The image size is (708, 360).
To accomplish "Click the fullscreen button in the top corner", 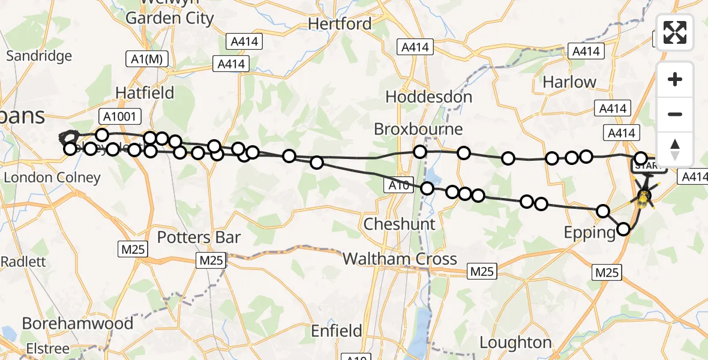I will (675, 32).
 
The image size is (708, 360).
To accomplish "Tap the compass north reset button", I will (675, 149).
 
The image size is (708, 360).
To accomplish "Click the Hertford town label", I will (340, 24).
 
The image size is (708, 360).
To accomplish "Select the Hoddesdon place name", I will (429, 97).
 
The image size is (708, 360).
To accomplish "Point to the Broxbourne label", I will (418, 129).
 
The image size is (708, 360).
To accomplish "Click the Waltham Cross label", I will (400, 259).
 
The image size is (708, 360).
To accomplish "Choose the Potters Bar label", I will (199, 238).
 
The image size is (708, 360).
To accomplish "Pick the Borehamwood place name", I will (77, 323).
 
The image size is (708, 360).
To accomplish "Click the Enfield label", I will (337, 331).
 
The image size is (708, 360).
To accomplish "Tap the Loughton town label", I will (515, 343).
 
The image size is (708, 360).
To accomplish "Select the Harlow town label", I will (569, 82).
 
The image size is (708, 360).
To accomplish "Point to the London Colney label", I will (52, 178).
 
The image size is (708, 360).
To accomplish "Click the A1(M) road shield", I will (147, 59).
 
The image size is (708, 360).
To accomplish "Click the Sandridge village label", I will (38, 56).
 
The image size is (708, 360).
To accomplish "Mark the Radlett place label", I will (23, 262).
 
